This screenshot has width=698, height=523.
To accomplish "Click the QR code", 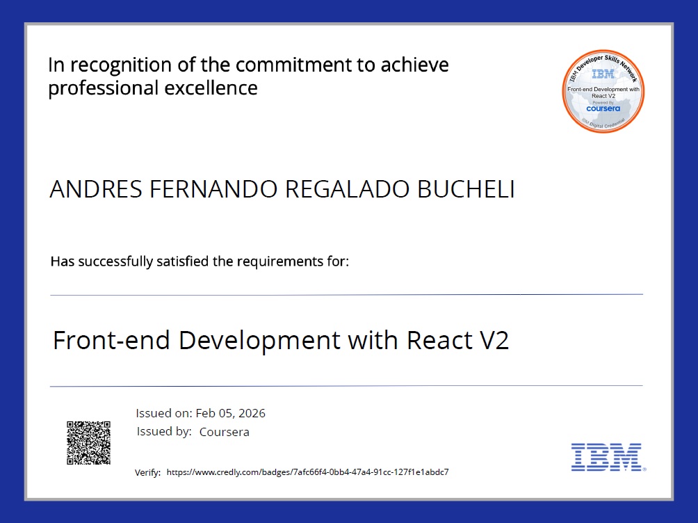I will coord(88,442).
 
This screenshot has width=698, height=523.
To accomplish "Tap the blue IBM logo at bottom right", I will coord(606,457).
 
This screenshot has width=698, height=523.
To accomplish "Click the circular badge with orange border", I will coord(603,91).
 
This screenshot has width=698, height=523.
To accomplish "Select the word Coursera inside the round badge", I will coord(602,108).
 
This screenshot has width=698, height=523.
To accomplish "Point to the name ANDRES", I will coord(84,190).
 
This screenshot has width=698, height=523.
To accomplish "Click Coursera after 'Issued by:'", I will coord(224,432).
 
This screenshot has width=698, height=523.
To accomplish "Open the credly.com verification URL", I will coord(308,472).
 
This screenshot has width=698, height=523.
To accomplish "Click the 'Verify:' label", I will coord(147,472).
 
